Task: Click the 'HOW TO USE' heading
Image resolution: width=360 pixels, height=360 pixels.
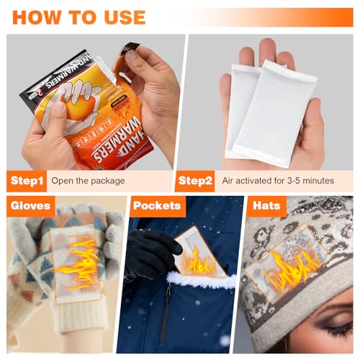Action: (78, 17)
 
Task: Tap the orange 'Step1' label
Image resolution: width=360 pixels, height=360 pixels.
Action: (27, 180)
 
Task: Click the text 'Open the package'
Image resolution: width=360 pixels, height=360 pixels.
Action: (88, 180)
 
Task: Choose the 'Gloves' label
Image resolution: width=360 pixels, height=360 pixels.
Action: (30, 206)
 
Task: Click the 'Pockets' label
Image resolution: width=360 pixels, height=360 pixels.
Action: (156, 206)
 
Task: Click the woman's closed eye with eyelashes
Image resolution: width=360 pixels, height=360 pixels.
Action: (337, 329)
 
